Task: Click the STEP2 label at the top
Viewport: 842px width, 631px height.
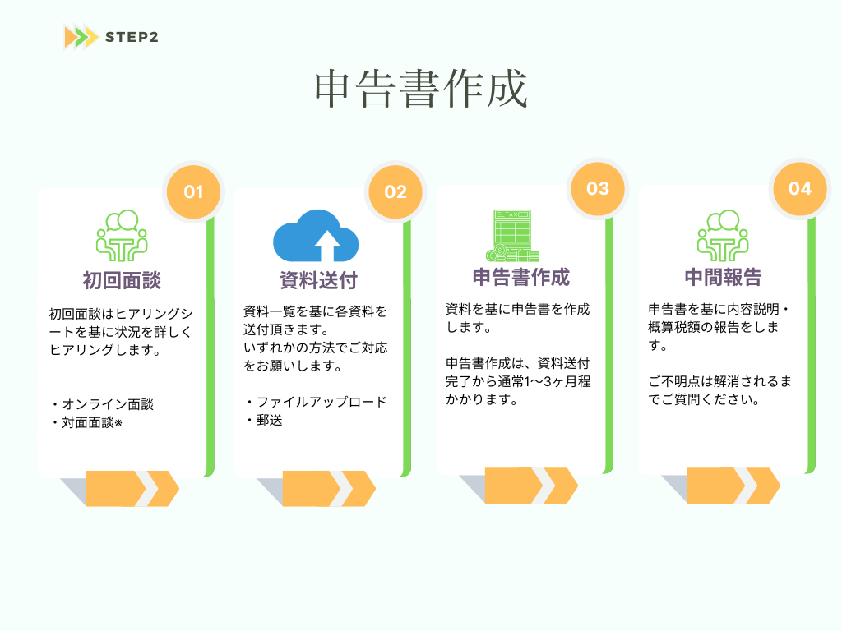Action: point(132,37)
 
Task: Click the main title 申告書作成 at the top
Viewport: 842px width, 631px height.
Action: point(421,90)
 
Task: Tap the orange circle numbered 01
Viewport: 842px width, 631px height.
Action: point(193,192)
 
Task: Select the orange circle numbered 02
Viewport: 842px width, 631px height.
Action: point(396,192)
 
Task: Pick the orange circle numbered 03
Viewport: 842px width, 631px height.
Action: point(598,188)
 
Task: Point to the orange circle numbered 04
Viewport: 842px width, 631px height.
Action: point(800,188)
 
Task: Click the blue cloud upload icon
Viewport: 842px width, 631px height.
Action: point(317,236)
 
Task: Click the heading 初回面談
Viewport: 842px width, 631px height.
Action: point(122,280)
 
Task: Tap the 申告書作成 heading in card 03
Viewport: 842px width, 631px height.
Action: point(521,277)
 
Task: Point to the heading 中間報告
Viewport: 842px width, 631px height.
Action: point(723,277)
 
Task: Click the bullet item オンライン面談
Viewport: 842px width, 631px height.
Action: point(103,404)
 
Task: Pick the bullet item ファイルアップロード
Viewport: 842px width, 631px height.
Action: point(317,403)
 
